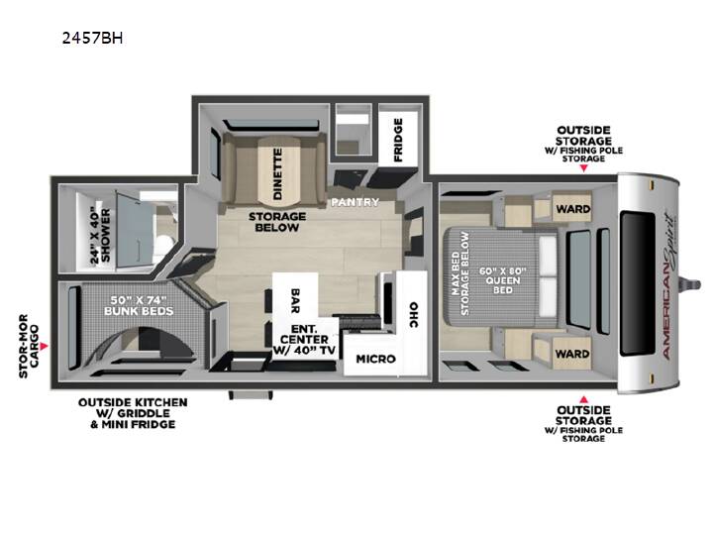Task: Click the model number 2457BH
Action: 92,38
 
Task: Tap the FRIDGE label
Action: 398,140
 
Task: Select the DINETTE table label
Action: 277,174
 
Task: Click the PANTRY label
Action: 355,202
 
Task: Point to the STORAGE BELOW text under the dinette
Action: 277,222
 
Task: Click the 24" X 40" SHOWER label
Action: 100,235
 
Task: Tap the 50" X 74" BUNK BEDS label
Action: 139,306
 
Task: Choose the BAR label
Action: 295,301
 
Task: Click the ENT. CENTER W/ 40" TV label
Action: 304,340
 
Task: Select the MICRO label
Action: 375,360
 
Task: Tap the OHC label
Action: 413,314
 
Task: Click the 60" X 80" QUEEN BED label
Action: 503,280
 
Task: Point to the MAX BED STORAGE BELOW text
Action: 460,273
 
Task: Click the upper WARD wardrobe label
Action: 573,209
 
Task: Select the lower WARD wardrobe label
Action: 572,354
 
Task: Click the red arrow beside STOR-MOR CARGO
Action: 44,347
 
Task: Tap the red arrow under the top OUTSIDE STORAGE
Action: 584,168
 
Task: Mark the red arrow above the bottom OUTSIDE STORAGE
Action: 584,399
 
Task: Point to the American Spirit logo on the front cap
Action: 668,286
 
